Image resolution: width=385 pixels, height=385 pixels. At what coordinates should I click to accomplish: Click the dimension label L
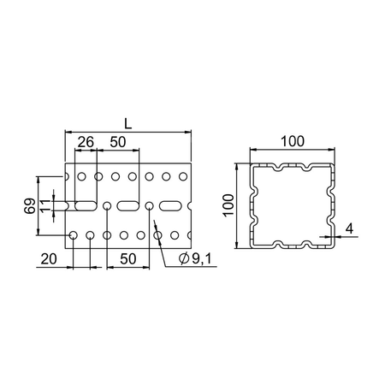click(x=128, y=124)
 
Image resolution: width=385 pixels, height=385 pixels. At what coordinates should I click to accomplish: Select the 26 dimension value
click(x=86, y=142)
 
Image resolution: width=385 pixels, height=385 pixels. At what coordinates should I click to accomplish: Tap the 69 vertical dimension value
click(x=30, y=206)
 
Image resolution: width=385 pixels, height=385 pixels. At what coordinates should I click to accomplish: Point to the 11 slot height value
click(x=44, y=206)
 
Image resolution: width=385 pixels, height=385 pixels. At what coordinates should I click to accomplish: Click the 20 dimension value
click(x=49, y=259)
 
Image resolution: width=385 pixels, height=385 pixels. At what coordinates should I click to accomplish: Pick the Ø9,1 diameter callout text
click(x=195, y=259)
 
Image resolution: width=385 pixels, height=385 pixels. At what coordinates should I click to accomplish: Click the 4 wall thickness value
click(x=349, y=228)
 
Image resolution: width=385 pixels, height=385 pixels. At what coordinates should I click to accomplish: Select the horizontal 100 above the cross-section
click(x=293, y=141)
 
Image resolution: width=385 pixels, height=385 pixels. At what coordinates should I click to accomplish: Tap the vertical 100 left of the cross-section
click(x=228, y=205)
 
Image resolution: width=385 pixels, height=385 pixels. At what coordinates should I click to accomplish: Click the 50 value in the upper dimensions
click(x=118, y=142)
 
